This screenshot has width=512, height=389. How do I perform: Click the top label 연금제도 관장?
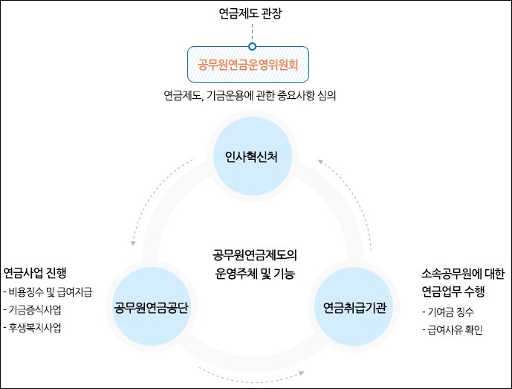252,13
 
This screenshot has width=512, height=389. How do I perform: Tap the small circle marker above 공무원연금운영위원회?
252,46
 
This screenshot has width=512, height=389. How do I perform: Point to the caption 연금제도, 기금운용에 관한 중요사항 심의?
251,95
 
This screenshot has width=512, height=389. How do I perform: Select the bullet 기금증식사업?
36,309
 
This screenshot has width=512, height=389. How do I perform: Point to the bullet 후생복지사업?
36,327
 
